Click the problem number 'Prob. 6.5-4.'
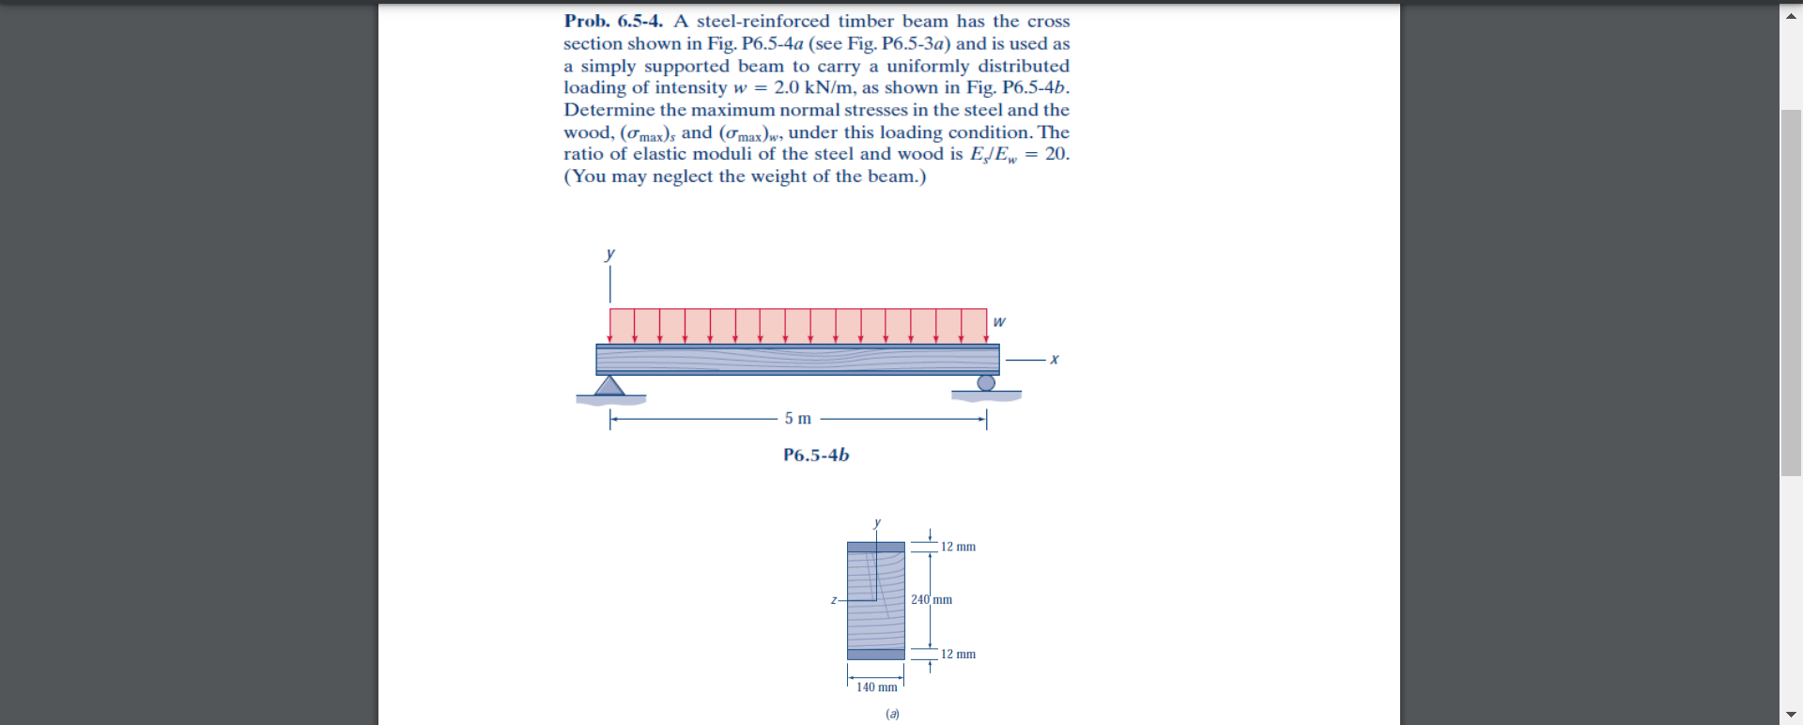pos(612,21)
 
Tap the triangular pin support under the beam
pos(609,385)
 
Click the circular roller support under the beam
pos(986,382)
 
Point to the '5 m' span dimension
pos(798,418)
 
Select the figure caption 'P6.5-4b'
pos(816,455)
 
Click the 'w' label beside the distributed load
pos(998,322)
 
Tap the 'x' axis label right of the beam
pos(1055,359)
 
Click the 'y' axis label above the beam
pos(610,254)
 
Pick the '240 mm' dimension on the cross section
pos(932,599)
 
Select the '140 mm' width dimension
pos(876,687)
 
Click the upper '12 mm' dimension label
pos(958,547)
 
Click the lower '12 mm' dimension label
pos(958,654)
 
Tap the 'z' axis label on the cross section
pos(834,599)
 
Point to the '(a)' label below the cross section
pos(892,714)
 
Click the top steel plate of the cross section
pos(876,547)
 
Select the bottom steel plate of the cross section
pos(876,654)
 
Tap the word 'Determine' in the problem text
pos(609,110)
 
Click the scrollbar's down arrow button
pos(1791,714)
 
